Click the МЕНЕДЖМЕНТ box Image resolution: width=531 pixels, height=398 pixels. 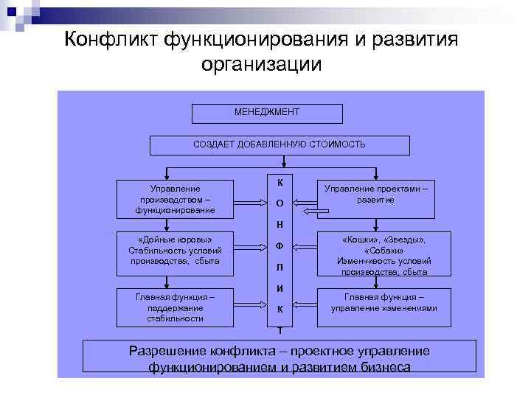click(x=267, y=113)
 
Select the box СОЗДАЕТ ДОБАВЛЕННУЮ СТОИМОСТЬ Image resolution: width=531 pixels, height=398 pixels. click(x=279, y=144)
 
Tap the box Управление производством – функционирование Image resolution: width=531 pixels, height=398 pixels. click(x=175, y=199)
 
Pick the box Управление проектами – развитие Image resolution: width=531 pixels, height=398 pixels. click(x=376, y=195)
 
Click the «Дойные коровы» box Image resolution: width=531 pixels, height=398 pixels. click(x=175, y=250)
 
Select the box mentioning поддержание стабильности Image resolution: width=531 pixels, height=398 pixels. click(x=175, y=307)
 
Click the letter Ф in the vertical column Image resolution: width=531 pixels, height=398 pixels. click(x=280, y=245)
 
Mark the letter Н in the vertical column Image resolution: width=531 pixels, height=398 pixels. click(x=280, y=224)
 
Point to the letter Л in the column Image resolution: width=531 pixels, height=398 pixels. click(x=280, y=267)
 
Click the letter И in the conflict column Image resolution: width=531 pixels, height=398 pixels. click(x=280, y=288)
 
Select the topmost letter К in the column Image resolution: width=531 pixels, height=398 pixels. click(x=280, y=182)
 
